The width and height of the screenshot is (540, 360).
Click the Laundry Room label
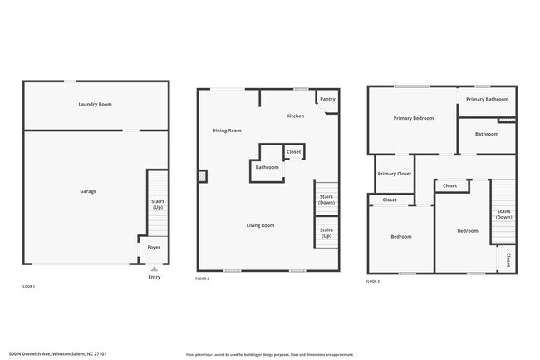click(95, 104)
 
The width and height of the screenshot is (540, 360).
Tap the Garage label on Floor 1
click(88, 191)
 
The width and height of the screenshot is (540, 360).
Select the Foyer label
click(154, 247)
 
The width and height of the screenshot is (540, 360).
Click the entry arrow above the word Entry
click(154, 269)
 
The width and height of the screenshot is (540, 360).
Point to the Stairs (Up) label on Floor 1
click(157, 205)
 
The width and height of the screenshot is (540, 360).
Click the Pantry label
click(327, 99)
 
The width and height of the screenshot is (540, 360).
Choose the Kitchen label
click(296, 116)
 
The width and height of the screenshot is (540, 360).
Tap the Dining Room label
click(227, 130)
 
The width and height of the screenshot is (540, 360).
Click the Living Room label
click(260, 225)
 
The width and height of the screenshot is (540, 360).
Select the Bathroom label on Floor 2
click(267, 167)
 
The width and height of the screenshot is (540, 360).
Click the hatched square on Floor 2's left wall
click(202, 175)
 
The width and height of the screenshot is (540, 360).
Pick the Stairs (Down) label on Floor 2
click(326, 200)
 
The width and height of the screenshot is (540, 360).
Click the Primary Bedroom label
click(414, 118)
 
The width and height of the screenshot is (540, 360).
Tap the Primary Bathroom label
click(487, 99)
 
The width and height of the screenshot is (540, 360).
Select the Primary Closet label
click(394, 174)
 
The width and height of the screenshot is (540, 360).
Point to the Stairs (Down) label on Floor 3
click(503, 215)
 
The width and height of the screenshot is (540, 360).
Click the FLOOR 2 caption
click(202, 279)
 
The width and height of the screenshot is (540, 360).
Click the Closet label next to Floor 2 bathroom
click(293, 152)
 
